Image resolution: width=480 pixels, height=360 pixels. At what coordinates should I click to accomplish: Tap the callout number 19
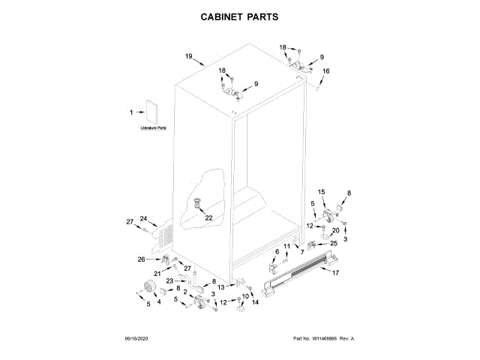point(190,56)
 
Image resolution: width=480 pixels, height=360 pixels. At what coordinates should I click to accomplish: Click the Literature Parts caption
point(153,128)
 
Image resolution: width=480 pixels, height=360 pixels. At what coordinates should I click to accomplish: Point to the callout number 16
point(325,72)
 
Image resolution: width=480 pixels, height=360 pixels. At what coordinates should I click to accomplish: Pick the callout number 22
point(208,217)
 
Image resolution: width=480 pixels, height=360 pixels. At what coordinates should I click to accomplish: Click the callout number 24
point(143,218)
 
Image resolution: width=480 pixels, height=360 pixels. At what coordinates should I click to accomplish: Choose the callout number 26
point(140,259)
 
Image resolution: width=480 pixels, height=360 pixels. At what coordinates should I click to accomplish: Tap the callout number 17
point(335,272)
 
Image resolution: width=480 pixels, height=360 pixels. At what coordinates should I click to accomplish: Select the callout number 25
point(334,243)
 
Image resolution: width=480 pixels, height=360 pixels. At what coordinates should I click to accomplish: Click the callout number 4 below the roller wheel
point(158,301)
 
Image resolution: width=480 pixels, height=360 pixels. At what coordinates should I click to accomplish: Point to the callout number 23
point(170,280)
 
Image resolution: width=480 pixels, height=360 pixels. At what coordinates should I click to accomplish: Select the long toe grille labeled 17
point(300,273)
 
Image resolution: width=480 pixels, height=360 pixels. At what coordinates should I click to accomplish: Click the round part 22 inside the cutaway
point(199,202)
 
